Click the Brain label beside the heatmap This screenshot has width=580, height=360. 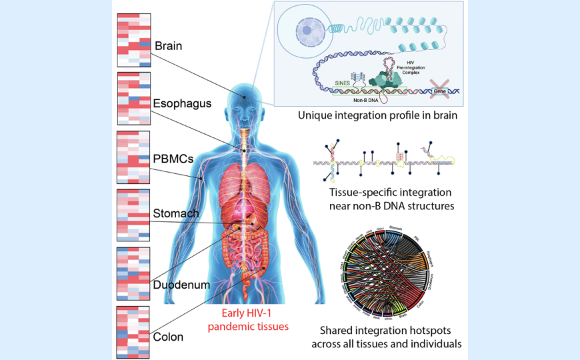[168, 47]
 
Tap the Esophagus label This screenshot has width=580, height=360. [182, 103]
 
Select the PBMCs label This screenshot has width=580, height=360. [173, 160]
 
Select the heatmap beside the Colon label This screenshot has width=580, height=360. [133, 332]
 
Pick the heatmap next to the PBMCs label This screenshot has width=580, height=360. [133, 157]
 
